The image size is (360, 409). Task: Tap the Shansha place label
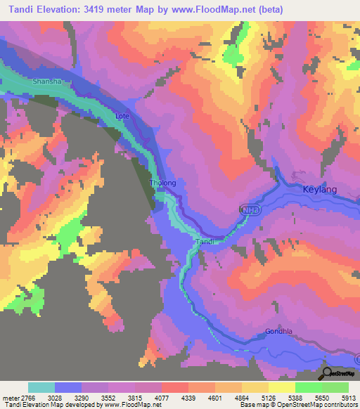click(47, 82)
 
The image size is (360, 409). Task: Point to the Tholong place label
click(162, 183)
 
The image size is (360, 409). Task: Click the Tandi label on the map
click(203, 241)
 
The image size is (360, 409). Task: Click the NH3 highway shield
click(247, 210)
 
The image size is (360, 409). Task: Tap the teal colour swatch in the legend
click(41, 387)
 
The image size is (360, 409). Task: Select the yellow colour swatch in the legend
click(281, 387)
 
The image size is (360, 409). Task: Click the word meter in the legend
click(10, 397)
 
